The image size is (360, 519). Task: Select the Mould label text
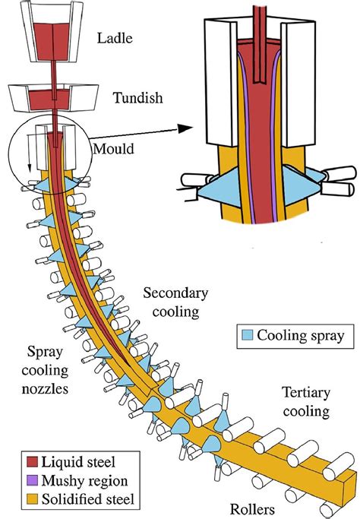click(x=114, y=149)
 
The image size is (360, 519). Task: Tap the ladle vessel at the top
click(x=53, y=34)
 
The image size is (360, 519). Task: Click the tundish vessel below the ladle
click(x=53, y=98)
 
